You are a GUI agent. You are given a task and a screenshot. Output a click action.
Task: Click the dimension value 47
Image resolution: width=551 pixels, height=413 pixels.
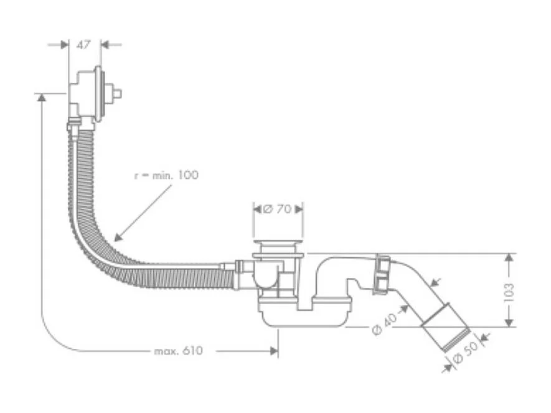84,44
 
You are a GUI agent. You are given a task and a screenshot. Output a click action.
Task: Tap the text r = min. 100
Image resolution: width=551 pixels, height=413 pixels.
166,175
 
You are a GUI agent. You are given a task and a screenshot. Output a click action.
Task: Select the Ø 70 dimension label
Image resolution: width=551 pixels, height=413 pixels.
277,209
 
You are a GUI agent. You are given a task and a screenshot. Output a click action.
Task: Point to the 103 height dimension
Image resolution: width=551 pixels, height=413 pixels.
509,290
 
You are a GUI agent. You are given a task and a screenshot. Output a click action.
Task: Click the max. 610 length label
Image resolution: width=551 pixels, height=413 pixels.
178,351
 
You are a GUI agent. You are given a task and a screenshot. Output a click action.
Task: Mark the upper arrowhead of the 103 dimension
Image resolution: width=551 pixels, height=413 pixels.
509,257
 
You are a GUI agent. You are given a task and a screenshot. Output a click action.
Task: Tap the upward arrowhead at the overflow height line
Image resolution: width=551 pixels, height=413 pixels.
41,97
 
